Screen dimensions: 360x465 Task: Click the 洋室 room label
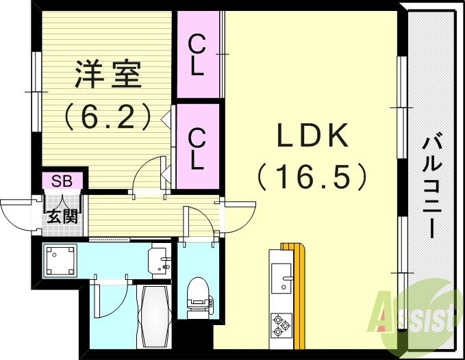coord(107,75)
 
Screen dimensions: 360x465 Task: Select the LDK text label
coord(313,136)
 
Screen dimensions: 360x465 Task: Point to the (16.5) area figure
coord(313,176)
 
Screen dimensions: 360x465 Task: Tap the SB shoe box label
coord(62,181)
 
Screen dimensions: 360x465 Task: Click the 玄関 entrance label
coord(60,217)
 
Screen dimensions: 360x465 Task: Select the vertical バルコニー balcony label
coord(431,185)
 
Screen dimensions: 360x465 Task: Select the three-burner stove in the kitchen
coord(281,323)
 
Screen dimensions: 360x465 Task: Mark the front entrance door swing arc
coord(15,214)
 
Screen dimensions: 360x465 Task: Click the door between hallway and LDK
coord(236,216)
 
